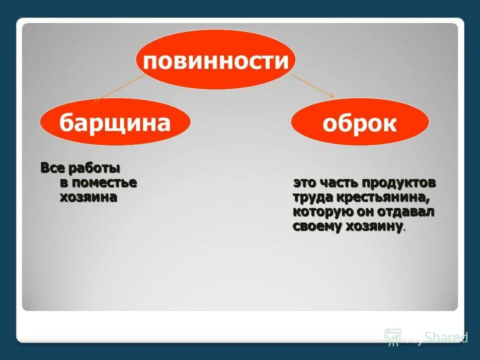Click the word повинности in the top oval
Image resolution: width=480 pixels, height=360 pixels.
(x=216, y=62)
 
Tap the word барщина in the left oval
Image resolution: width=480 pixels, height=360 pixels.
(x=115, y=122)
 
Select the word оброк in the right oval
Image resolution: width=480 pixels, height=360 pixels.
(x=359, y=123)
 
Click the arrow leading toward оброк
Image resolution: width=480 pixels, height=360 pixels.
(x=312, y=85)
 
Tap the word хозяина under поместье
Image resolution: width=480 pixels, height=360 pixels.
(x=88, y=197)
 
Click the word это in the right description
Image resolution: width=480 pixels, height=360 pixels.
(x=304, y=183)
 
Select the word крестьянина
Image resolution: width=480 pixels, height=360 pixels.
(x=384, y=197)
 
